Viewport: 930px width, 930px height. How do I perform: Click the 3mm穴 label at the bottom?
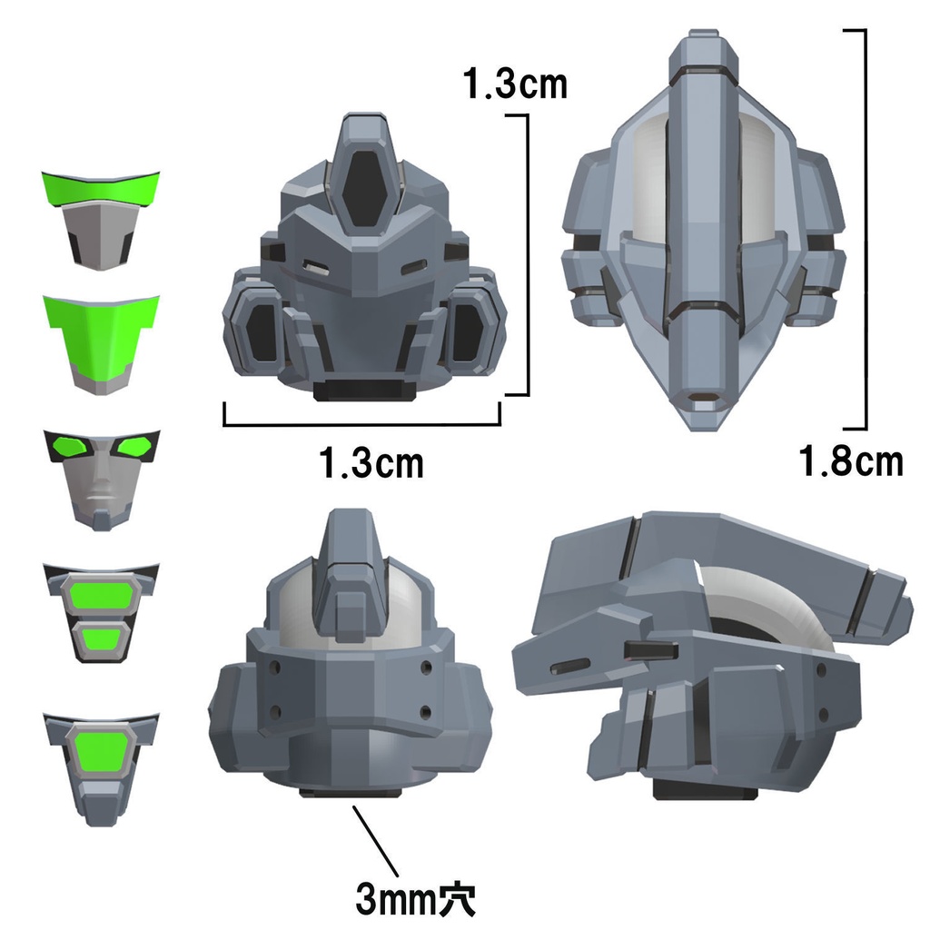coord(416,900)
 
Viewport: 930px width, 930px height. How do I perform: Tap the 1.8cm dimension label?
coord(851,460)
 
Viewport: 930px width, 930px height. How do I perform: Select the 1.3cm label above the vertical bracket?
coord(514,84)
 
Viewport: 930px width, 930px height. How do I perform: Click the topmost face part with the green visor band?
coord(101,219)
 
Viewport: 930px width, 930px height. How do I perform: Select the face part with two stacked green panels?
coord(101,612)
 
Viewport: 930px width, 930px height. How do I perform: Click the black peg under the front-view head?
coord(362,390)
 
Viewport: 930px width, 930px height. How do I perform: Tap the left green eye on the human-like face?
coord(71,447)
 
